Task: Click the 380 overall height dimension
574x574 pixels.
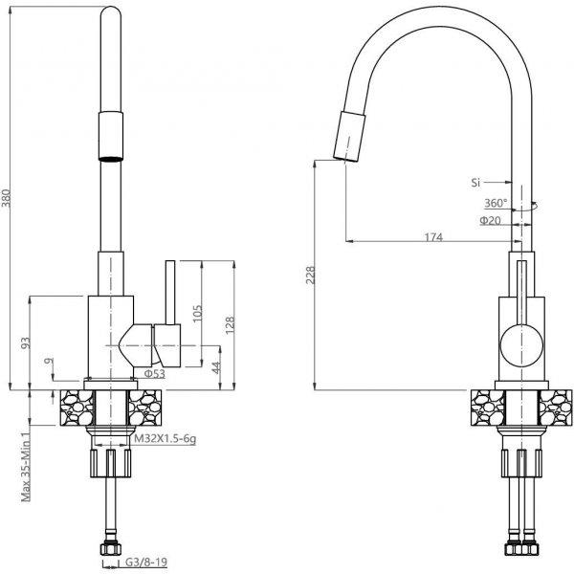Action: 7,198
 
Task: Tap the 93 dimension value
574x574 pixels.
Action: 26,342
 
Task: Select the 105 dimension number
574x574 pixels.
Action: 197,313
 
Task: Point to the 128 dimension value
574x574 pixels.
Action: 230,324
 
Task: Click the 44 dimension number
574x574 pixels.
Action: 216,367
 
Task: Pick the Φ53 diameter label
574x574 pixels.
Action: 154,373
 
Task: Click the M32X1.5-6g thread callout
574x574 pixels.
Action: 165,438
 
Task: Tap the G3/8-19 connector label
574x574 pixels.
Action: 146,562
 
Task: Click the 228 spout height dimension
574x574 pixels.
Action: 310,275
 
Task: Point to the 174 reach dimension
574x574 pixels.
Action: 433,237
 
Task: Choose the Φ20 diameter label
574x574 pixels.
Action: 490,220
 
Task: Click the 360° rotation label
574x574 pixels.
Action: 496,203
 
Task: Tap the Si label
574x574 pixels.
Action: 475,182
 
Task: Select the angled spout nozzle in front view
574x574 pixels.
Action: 349,136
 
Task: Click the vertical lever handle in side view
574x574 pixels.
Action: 170,292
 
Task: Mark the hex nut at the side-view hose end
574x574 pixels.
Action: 111,549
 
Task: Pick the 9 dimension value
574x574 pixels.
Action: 49,361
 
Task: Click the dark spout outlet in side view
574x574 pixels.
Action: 111,159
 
